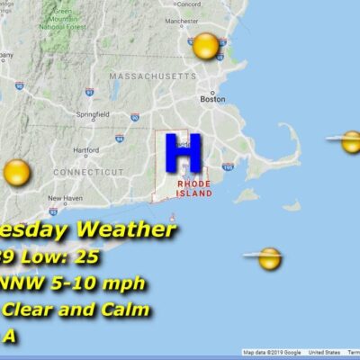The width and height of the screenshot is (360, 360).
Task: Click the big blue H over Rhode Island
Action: tap(183, 154)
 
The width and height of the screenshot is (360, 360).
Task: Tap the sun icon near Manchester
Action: tap(206, 45)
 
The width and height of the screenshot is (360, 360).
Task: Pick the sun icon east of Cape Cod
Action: tap(351, 141)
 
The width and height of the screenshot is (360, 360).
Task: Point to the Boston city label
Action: tap(212, 99)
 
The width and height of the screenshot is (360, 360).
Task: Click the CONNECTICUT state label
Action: tap(88, 171)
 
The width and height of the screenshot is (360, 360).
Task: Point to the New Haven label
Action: tap(66, 198)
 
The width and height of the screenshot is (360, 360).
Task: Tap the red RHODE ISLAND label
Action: tap(194, 188)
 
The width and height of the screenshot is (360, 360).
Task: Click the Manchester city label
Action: tap(206, 19)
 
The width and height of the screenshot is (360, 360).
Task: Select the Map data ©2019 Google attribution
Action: tap(271, 352)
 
